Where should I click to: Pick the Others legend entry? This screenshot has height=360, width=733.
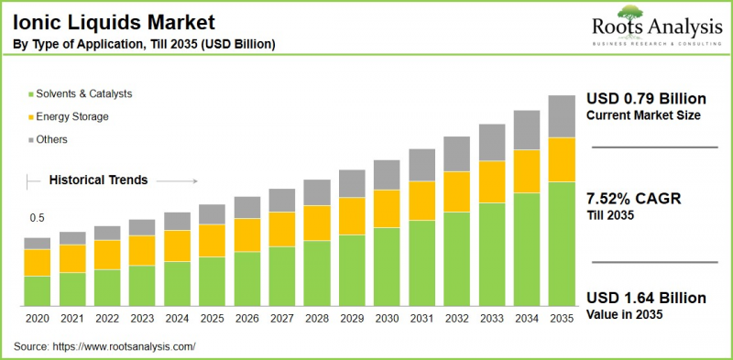point(52,139)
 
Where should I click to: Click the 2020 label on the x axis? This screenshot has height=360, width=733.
point(38,319)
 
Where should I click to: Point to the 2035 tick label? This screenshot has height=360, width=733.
point(562,319)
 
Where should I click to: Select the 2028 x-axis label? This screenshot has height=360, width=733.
point(317,319)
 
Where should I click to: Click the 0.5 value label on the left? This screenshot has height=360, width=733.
point(37,218)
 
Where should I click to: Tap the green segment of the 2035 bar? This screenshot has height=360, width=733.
point(562,244)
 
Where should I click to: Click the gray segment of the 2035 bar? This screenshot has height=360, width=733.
point(562,116)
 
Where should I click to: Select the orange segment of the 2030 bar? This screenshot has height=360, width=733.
point(387,209)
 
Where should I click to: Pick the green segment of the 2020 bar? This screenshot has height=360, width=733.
point(38,290)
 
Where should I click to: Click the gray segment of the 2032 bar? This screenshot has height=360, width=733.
point(456,154)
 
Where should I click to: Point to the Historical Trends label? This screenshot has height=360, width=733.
point(98,180)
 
